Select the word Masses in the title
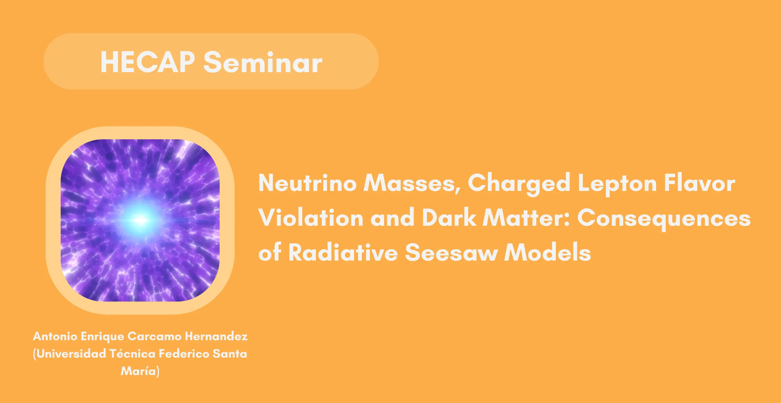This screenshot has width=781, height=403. pyautogui.click(x=412, y=183)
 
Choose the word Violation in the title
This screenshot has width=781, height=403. pyautogui.click(x=311, y=217)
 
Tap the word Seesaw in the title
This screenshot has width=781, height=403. pyautogui.click(x=451, y=252)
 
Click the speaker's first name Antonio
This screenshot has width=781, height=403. pyautogui.click(x=55, y=336)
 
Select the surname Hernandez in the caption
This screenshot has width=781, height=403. pyautogui.click(x=216, y=336)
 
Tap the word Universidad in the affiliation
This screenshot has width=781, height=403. pyautogui.click(x=71, y=354)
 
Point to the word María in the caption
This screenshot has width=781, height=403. pyautogui.click(x=138, y=371)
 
